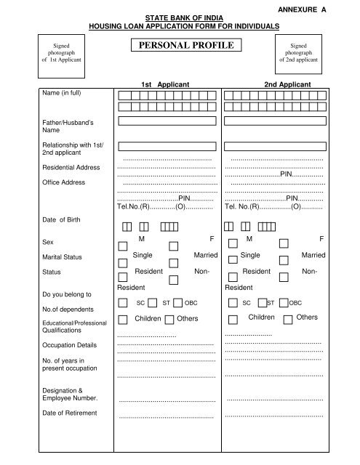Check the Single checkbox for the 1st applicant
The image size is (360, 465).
(123, 262)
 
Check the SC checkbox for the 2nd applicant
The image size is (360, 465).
(232, 302)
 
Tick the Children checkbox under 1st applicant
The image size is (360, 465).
(123, 319)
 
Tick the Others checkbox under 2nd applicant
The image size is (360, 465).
(288, 319)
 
